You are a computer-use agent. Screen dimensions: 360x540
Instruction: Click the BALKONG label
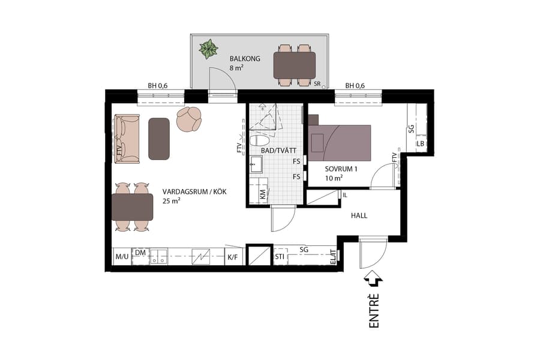(x=244, y=59)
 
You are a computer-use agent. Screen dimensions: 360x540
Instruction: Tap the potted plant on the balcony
(x=209, y=49)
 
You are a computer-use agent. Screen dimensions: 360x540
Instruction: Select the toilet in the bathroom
(x=260, y=141)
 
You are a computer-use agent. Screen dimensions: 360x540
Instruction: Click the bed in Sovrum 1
(x=339, y=142)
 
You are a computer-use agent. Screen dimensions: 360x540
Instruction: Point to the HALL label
(x=359, y=215)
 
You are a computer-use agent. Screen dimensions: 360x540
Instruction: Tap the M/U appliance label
(x=122, y=257)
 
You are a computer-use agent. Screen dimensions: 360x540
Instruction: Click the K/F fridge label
(x=232, y=257)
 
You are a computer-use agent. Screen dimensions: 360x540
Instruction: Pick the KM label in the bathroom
(x=263, y=194)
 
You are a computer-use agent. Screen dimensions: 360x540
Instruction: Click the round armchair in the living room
(x=190, y=119)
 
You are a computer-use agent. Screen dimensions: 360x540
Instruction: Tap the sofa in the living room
(x=127, y=139)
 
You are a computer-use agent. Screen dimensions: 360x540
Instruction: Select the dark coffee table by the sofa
(x=159, y=139)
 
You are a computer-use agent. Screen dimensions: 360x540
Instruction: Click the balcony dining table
(x=294, y=65)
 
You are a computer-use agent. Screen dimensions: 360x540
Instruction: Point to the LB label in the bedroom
(x=421, y=144)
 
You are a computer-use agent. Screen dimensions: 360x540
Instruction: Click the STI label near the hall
(x=280, y=257)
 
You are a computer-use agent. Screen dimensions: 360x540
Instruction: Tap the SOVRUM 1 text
(x=341, y=169)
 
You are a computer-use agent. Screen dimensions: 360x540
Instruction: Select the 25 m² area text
(x=172, y=201)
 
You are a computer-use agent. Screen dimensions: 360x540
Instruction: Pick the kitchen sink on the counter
(x=158, y=257)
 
